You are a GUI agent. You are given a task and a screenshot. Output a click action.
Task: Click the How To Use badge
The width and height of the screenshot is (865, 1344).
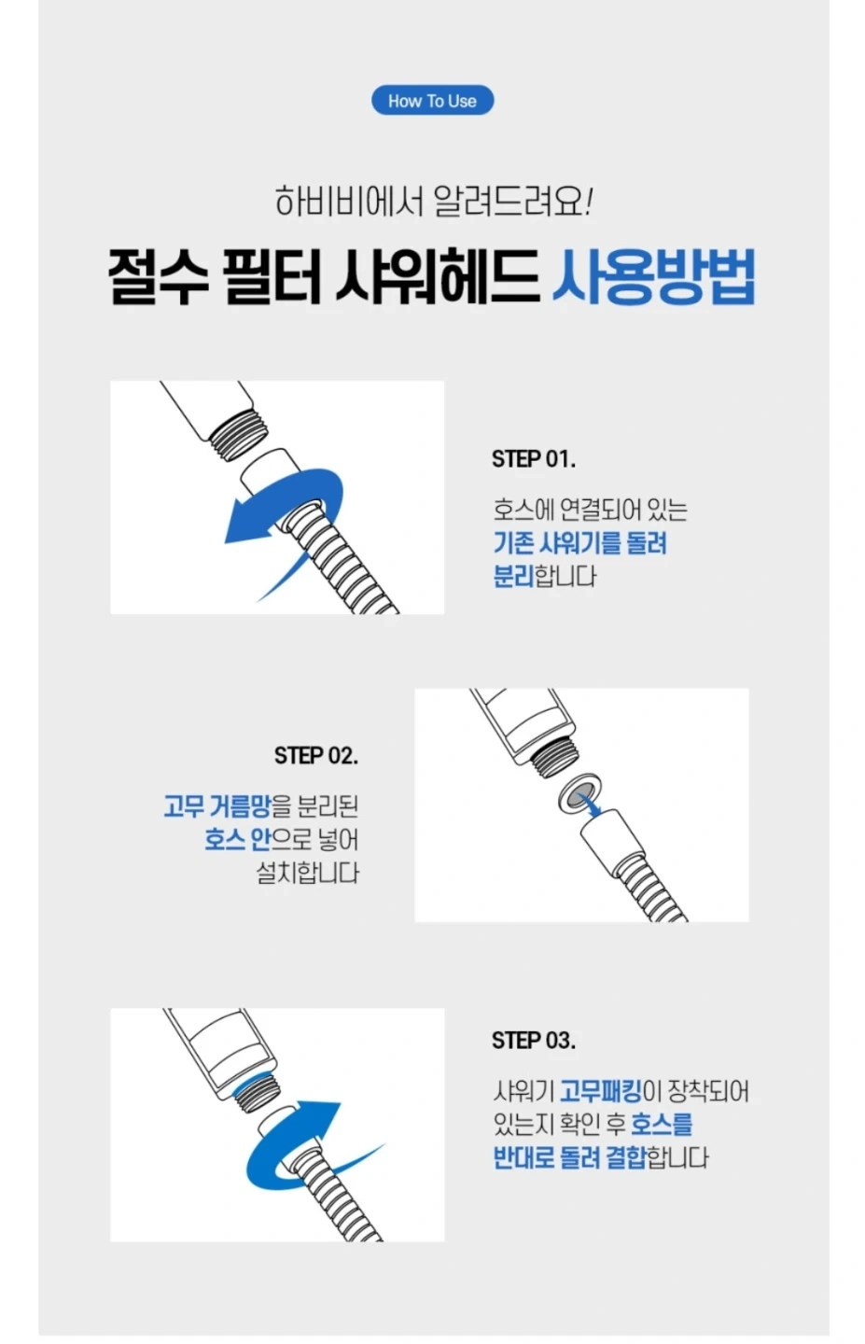(433, 100)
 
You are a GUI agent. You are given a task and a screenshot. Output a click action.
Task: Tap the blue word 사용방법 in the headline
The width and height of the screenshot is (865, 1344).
(654, 277)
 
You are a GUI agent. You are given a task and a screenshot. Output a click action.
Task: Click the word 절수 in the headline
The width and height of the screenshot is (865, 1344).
(159, 277)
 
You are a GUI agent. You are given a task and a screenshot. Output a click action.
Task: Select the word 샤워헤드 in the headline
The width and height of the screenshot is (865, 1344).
(438, 277)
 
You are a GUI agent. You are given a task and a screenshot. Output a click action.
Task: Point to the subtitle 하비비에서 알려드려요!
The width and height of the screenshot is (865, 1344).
(433, 201)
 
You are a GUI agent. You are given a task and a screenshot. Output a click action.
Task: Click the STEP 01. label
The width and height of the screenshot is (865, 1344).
(534, 459)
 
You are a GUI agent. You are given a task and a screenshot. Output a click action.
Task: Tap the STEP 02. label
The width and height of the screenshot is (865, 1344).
(316, 755)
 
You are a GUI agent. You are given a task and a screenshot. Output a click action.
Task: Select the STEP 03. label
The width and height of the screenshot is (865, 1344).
(534, 1040)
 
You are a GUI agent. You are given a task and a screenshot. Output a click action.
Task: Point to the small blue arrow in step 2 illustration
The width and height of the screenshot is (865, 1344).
(592, 805)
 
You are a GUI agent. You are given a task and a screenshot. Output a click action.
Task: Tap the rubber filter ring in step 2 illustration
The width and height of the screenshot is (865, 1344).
(579, 793)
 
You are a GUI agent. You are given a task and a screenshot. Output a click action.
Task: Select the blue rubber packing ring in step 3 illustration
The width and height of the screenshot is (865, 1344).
(255, 1081)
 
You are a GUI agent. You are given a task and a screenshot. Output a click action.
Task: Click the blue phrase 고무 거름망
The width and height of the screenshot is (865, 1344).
(217, 806)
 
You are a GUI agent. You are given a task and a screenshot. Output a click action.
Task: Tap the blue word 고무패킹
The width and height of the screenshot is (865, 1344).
(601, 1091)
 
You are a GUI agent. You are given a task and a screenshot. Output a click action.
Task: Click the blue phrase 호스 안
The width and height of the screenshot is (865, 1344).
(238, 839)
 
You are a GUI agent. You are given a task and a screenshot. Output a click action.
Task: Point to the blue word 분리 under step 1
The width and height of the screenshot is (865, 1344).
(513, 575)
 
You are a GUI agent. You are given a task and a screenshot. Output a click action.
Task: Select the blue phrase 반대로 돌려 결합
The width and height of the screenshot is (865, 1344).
(569, 1157)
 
